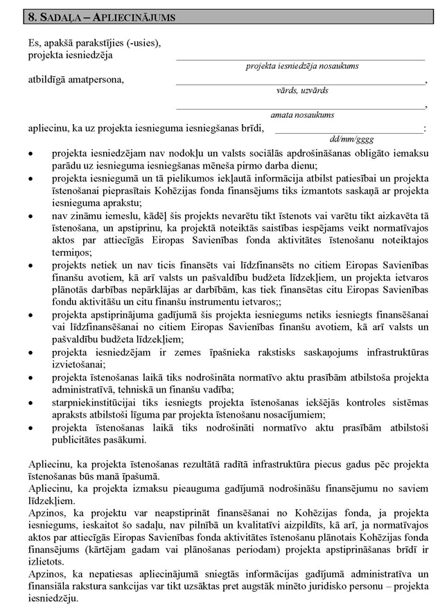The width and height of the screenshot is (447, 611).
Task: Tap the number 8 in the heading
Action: click(26, 15)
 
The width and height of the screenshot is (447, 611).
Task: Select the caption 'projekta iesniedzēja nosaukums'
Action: click(301, 66)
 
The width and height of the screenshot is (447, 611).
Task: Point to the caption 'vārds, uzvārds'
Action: click(301, 90)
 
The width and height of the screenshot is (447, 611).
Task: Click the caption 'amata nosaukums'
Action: click(301, 114)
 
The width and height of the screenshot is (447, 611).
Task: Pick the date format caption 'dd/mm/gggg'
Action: click(350, 139)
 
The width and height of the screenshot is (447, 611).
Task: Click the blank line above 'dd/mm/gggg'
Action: click(349, 130)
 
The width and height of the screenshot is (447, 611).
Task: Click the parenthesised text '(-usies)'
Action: click(142, 43)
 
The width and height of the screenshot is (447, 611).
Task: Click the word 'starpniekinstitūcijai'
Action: click(97, 403)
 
